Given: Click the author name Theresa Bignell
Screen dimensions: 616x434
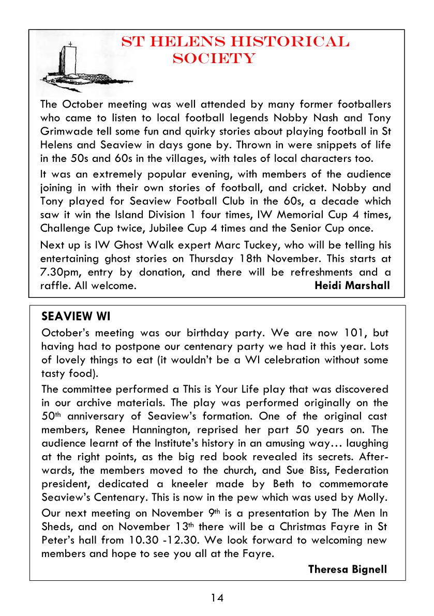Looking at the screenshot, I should pos(347,569).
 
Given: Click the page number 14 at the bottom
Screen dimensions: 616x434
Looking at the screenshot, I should pos(217,598).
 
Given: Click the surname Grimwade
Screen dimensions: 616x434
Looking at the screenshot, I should pos(64,129).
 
